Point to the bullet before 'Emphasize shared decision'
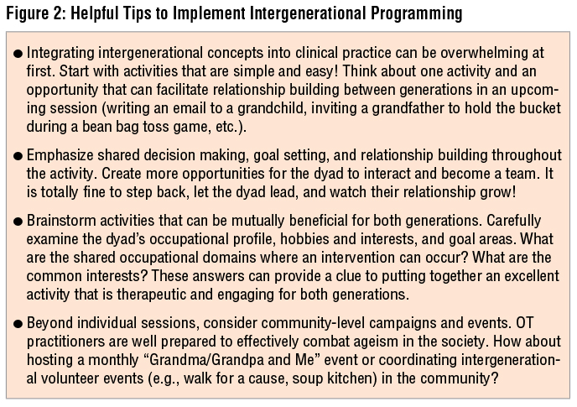tap(18, 154)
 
